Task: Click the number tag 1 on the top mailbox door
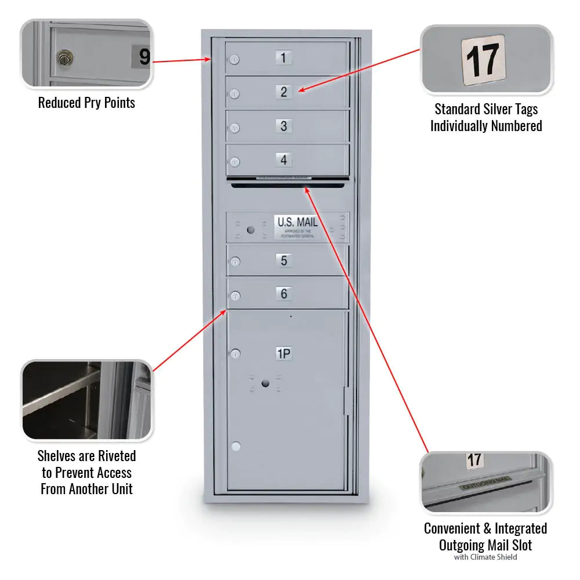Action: coord(283,58)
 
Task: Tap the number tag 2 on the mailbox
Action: coord(284,92)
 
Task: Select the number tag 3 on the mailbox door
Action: coord(284,126)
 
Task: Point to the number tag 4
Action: coord(284,159)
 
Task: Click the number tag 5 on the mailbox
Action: coord(284,260)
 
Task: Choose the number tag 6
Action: coord(284,294)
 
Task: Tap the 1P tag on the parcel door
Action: coord(283,354)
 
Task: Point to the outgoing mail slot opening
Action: coord(289,185)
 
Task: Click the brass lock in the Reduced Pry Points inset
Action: coord(64,58)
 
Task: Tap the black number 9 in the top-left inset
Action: coord(144,57)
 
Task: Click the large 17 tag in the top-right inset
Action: coord(483,60)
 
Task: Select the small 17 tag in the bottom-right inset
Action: coord(474,461)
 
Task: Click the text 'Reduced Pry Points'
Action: coord(86,103)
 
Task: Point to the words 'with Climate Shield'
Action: coord(485,557)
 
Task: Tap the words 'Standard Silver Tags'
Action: coord(486,109)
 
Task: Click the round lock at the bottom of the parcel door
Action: coord(235,447)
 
